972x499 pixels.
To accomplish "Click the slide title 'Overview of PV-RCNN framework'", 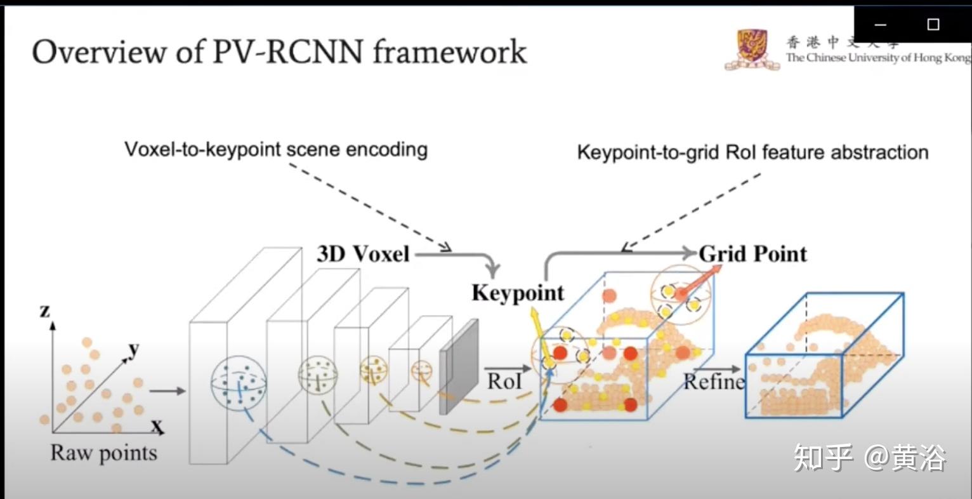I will (x=279, y=51).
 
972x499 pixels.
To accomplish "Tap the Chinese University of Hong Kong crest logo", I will (x=752, y=49).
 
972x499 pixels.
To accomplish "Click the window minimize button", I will (x=880, y=25).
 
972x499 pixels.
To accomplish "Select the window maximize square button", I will (x=933, y=25).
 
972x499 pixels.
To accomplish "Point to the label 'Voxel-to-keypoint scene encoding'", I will (x=276, y=150).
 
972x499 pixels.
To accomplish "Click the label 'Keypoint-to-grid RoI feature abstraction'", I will (x=752, y=153).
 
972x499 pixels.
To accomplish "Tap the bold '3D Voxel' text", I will (x=364, y=254).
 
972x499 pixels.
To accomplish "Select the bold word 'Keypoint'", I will (x=517, y=293).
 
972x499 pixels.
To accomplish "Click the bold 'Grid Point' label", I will (x=753, y=254).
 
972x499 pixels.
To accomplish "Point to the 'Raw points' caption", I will (x=103, y=453).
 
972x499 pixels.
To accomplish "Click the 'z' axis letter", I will (x=44, y=310).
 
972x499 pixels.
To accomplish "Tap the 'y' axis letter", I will (x=134, y=349).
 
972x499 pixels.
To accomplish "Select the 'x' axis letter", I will (x=156, y=425).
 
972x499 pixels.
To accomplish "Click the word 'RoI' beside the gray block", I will (x=504, y=381).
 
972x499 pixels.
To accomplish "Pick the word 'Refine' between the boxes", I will (x=714, y=382).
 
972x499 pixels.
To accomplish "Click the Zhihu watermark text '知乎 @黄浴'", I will (x=870, y=458).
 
